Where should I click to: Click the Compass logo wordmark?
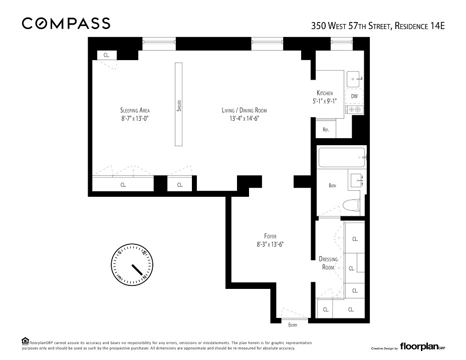click(66, 24)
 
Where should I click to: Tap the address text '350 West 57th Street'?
click(352, 26)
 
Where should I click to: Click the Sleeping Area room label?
click(135, 110)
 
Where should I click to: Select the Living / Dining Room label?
click(245, 110)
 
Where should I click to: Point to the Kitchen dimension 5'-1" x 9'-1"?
click(325, 101)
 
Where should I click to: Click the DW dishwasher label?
click(354, 96)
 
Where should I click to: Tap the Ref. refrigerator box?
click(326, 129)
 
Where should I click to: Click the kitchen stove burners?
click(355, 109)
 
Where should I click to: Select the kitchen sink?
click(354, 79)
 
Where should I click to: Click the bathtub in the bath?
click(342, 157)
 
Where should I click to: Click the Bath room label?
click(332, 185)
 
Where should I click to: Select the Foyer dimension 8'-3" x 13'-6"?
click(270, 244)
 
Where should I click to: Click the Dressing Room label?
click(328, 263)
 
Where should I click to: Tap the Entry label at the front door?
click(293, 325)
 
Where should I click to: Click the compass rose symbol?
click(132, 265)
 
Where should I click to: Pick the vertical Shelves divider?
click(178, 104)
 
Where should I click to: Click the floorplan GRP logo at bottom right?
click(422, 346)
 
